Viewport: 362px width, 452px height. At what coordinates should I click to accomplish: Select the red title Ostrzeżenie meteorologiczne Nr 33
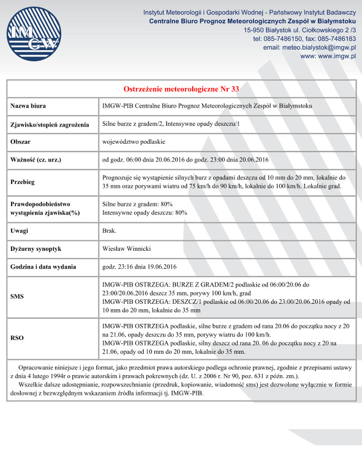tap(181, 89)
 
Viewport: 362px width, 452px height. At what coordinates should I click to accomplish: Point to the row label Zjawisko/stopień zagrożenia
tap(50, 124)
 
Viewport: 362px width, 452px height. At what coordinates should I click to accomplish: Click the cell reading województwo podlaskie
tap(134, 142)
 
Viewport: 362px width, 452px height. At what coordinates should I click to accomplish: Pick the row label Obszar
tap(20, 142)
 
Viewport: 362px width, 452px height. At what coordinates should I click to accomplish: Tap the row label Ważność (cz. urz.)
tap(36, 160)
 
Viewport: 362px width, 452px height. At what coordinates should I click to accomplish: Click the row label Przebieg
tap(23, 182)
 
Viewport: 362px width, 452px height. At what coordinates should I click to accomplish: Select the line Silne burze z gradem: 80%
tap(138, 204)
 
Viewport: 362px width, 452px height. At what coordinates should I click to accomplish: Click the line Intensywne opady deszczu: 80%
tap(145, 212)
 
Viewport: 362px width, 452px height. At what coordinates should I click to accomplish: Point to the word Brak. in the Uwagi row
tap(110, 230)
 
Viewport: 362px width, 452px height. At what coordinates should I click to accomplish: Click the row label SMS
tap(17, 297)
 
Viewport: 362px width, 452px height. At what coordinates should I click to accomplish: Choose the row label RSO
tap(17, 337)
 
